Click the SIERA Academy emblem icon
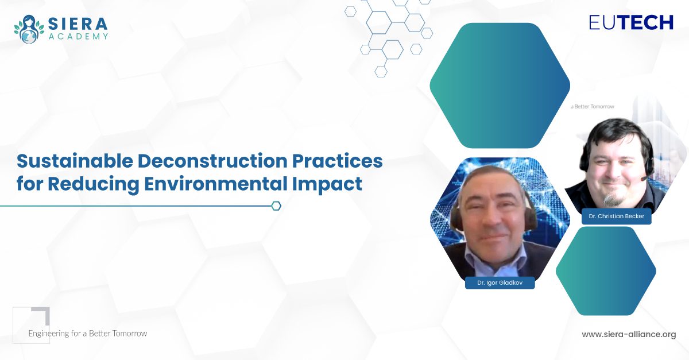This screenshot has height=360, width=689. pos(29,29)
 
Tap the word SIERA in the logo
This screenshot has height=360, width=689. pos(78,24)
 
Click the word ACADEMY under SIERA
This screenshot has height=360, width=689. pos(78,37)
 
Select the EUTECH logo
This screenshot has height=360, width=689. pos(631,22)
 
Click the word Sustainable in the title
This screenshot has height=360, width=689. pos(75,161)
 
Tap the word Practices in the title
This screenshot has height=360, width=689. pos(338,161)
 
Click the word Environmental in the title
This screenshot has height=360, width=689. pos(216,183)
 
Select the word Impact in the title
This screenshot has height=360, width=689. pos(327,184)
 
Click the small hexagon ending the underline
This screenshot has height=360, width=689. pos(276,206)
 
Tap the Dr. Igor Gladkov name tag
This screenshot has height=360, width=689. pos(500,282)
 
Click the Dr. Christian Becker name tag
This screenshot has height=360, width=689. pos(617,216)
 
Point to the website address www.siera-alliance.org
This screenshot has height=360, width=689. pos(629,334)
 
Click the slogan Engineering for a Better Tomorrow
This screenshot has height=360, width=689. pos(88,334)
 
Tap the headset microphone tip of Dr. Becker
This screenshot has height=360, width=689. pos(642,179)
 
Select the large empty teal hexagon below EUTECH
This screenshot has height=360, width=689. pos(500,86)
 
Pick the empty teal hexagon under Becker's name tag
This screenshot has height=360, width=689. pos(606,271)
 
